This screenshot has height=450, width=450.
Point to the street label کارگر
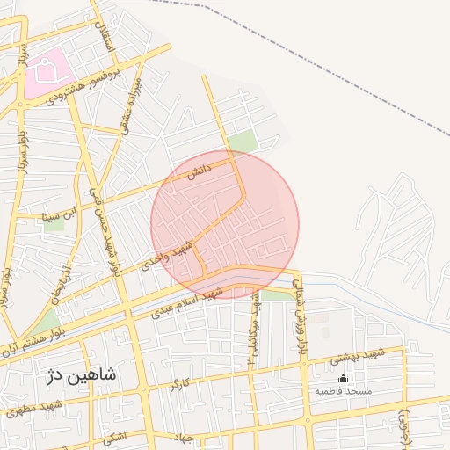179,383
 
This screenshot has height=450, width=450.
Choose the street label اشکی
114,436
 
